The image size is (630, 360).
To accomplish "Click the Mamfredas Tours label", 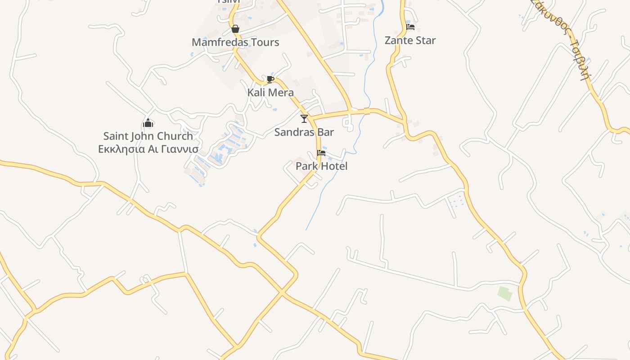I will coord(235,42).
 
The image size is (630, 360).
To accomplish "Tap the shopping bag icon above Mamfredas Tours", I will coord(235,29).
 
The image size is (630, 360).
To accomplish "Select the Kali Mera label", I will coord(270,93).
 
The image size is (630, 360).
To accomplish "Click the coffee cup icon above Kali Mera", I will coord(270,80).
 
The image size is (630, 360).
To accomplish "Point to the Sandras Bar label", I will coord(304,132).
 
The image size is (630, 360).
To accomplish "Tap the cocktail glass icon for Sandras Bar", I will coord(304,119).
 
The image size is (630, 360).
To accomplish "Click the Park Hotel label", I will coord(321,166).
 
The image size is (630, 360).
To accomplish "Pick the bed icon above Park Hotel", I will coord(321,153).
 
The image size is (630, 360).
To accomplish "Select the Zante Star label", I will coord(410,40).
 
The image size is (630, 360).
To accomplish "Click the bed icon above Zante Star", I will coord(410,27).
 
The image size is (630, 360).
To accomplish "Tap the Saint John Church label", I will coord(148,136).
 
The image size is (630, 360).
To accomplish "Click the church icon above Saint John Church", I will coord(148,123).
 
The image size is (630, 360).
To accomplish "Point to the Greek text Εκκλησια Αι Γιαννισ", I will coord(148,148).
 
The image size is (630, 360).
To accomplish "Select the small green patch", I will coord(505,293).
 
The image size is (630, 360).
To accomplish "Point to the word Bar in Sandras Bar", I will coord(326,132).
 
